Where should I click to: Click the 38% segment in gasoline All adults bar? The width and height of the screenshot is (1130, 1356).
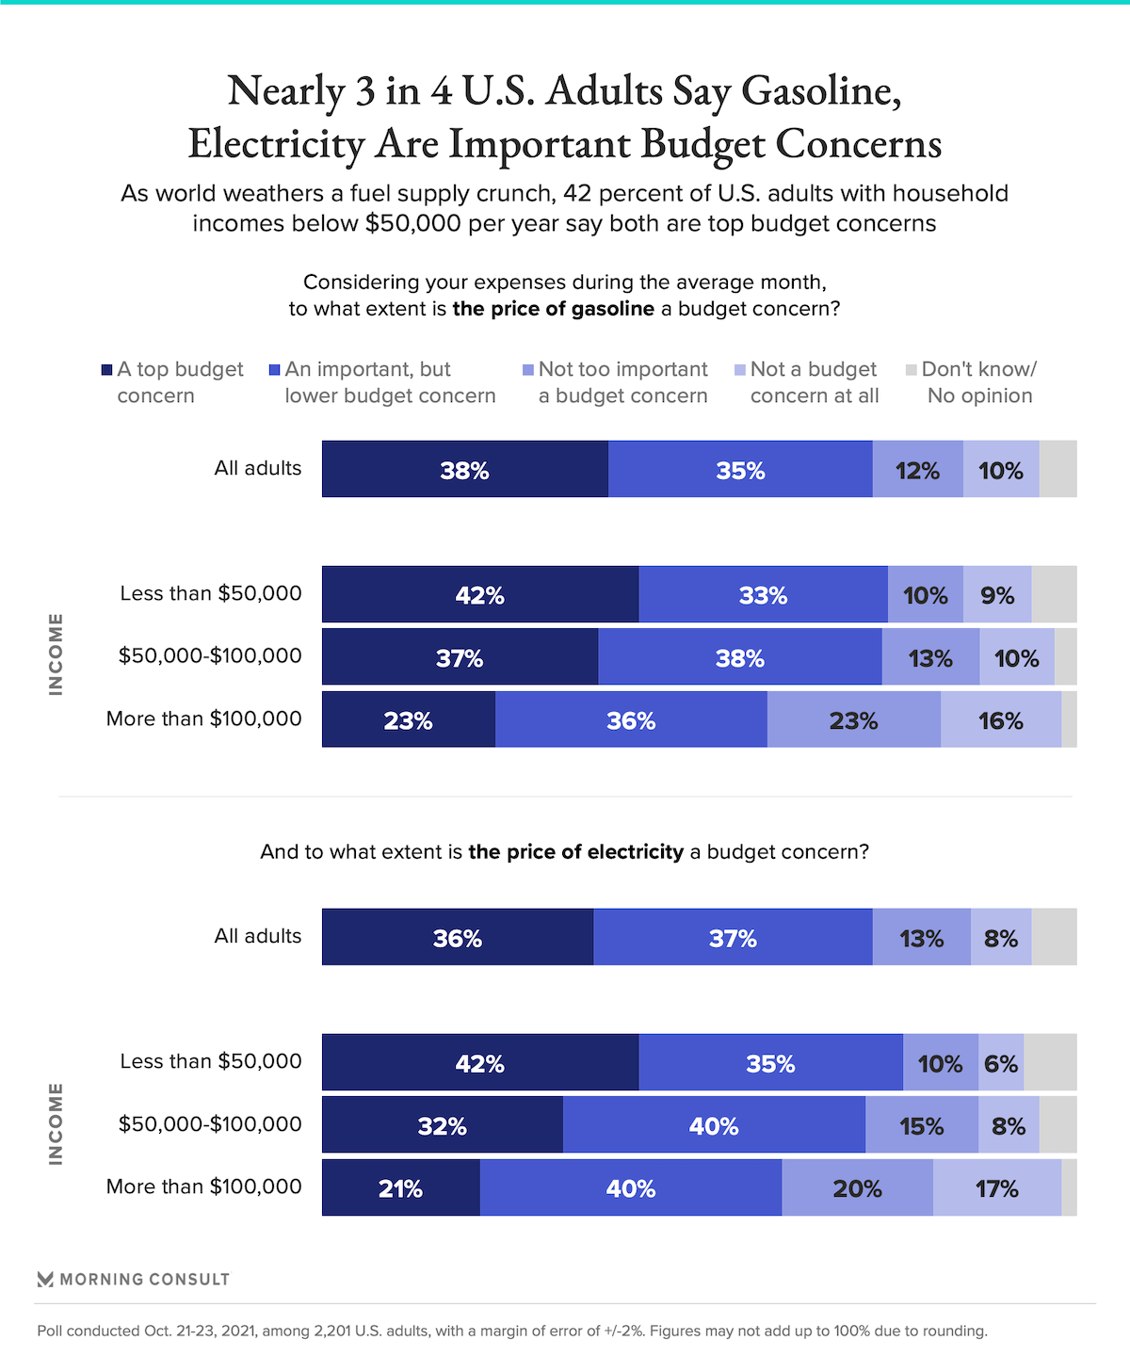464,469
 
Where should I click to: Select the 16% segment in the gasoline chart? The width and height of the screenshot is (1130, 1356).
1000,720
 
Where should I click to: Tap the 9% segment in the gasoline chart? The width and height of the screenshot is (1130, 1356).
996,594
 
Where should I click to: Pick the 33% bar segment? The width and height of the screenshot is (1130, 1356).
763,594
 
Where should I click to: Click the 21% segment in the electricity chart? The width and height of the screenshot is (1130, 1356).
400,1187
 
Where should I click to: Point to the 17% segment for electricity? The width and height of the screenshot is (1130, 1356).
996,1187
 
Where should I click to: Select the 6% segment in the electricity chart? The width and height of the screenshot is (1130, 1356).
1000,1062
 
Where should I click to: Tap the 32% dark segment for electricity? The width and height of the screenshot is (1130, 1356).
442,1125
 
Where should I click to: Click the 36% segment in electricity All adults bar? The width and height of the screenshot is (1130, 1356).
457,937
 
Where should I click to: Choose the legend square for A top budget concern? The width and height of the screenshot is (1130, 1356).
106,370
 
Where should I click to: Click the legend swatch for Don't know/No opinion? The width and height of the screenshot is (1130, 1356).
911,370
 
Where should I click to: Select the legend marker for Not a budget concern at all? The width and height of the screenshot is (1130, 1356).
740,370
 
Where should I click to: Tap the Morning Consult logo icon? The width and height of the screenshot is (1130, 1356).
45,1279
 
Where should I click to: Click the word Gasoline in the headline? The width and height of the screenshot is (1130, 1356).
821,90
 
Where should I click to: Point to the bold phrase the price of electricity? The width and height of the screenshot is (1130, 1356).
575,852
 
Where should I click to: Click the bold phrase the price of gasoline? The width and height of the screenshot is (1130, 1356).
553,309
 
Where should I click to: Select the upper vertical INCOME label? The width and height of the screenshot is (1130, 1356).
56,654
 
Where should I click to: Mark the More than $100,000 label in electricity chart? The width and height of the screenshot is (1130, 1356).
203,1186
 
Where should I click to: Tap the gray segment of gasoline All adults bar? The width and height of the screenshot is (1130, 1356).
1057,469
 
